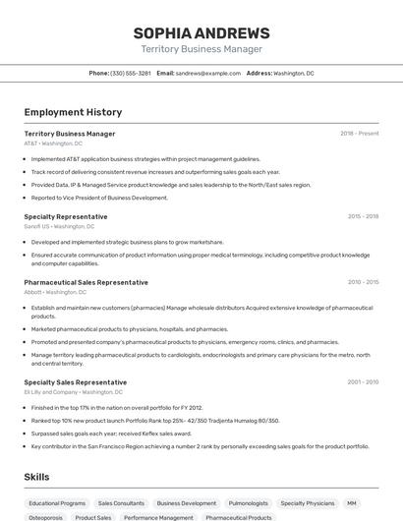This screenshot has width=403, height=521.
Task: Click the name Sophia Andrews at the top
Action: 201,32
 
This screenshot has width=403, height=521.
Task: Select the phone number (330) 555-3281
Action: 131,74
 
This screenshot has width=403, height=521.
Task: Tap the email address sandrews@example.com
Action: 208,74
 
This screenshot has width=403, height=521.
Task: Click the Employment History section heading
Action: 73,113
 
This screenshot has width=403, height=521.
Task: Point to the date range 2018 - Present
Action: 360,134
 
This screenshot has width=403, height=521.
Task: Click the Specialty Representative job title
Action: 66,216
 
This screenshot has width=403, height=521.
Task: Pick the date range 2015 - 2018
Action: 363,216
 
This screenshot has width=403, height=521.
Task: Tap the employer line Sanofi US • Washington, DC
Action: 59,226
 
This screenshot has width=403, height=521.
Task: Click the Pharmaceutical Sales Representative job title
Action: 86,282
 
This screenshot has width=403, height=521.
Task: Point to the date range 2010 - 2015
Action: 363,282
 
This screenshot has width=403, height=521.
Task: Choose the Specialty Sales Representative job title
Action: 75,382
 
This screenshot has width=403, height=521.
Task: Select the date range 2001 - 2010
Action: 363,382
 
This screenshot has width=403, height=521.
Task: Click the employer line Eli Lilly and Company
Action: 69,392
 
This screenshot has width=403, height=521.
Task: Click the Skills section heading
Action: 36,477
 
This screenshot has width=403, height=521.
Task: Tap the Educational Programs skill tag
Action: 57,503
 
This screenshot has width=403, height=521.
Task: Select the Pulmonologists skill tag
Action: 248,503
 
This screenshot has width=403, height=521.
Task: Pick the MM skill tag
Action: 352,503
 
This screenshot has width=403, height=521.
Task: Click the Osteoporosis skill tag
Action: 45,517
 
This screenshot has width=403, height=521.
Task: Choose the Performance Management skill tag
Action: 158,517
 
